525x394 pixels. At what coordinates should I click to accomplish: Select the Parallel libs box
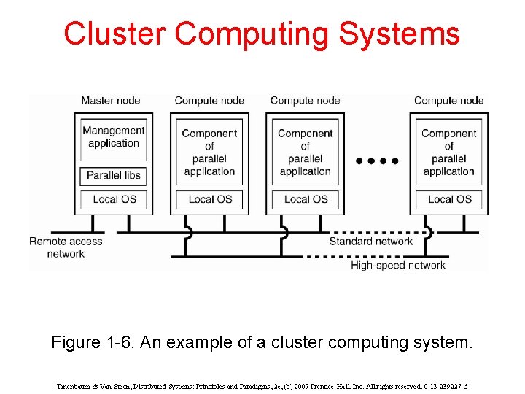(x=114, y=176)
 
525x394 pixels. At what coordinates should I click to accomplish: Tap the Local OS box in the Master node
(x=114, y=199)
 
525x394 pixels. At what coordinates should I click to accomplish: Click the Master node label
(x=110, y=101)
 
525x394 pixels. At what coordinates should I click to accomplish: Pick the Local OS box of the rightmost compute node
(x=448, y=199)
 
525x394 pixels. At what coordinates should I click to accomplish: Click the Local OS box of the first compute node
(x=209, y=199)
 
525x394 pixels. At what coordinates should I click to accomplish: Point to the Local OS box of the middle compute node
(x=306, y=199)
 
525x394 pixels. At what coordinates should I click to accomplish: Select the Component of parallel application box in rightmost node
(x=448, y=152)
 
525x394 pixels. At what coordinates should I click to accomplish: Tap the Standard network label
(x=370, y=242)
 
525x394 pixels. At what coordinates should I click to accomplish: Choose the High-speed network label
(x=398, y=266)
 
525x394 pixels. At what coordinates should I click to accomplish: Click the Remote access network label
(x=66, y=247)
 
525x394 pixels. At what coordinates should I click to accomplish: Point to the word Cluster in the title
(x=115, y=34)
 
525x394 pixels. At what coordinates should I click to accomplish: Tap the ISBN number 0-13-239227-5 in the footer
(x=442, y=386)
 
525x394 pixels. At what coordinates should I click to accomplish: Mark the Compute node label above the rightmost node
(x=448, y=101)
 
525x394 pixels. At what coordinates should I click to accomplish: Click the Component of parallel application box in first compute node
(x=209, y=152)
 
